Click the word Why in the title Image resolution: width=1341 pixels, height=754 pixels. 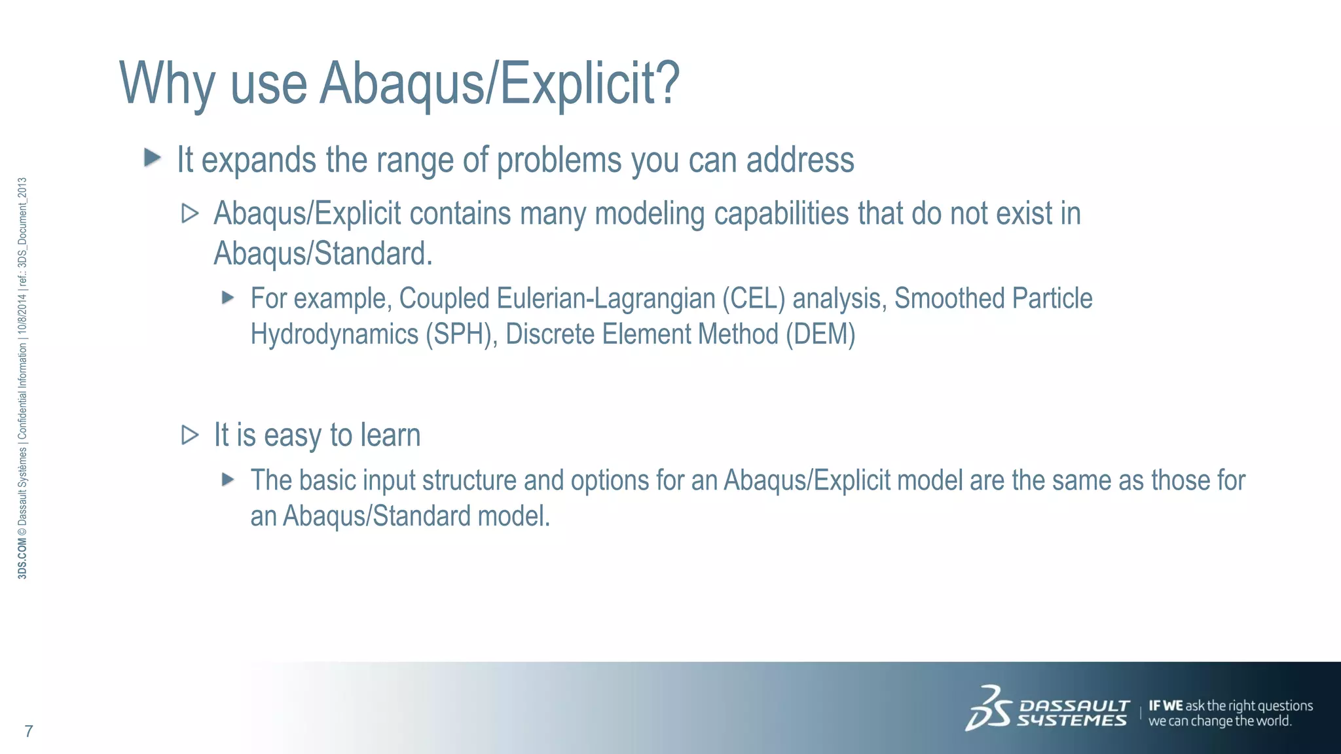pos(167,83)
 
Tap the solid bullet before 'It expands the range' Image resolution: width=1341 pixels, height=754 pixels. pos(153,157)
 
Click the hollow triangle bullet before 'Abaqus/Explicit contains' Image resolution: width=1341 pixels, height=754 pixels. pos(190,213)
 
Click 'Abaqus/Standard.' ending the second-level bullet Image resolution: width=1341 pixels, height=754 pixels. pos(323,254)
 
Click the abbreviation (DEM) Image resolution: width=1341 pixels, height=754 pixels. pos(820,334)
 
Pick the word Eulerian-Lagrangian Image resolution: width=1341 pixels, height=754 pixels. pos(606,298)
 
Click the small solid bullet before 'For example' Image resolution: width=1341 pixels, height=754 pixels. pos(228,298)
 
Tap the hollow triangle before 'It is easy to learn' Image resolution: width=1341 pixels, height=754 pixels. pos(190,435)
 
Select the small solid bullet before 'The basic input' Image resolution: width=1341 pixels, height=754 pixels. pos(228,480)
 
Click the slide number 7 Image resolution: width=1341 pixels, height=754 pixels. pos(29,731)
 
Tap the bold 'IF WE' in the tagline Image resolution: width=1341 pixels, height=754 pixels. pos(1166,706)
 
